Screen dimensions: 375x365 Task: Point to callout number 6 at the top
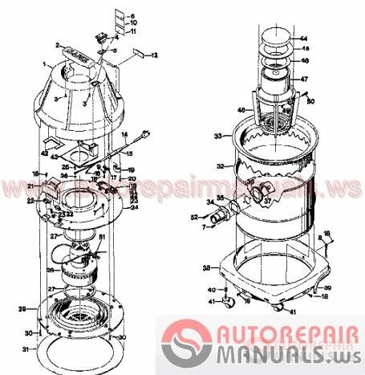point(133,16)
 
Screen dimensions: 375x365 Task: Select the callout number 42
point(44,153)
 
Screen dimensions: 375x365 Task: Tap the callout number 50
point(311,100)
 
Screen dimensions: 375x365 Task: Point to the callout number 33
point(217,137)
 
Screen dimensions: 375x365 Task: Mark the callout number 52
point(194,216)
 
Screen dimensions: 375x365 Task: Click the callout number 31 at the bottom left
point(25,349)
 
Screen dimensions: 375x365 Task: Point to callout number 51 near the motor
point(101,237)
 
